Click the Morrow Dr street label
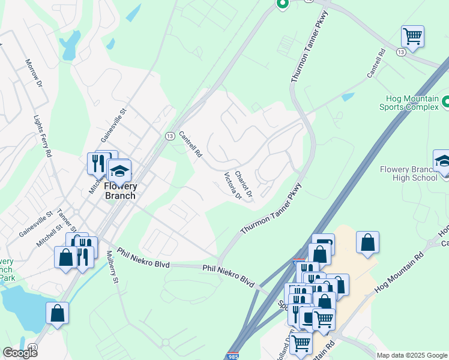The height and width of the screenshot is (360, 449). coord(34,72)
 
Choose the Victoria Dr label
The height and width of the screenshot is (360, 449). coord(232,187)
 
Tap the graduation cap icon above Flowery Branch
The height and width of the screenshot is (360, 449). coord(119,170)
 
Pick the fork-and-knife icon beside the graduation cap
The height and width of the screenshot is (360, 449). coord(97,162)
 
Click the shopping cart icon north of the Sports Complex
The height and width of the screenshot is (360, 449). coord(412,36)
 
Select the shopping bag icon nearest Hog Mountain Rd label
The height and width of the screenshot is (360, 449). coord(367,242)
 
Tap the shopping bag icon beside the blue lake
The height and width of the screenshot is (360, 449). coord(57,313)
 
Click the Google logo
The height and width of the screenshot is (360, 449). coord(20,352)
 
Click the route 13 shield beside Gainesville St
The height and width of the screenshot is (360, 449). coord(169,136)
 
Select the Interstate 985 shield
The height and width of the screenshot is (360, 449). coord(234,356)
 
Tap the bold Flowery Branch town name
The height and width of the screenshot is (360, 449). coord(119,191)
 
